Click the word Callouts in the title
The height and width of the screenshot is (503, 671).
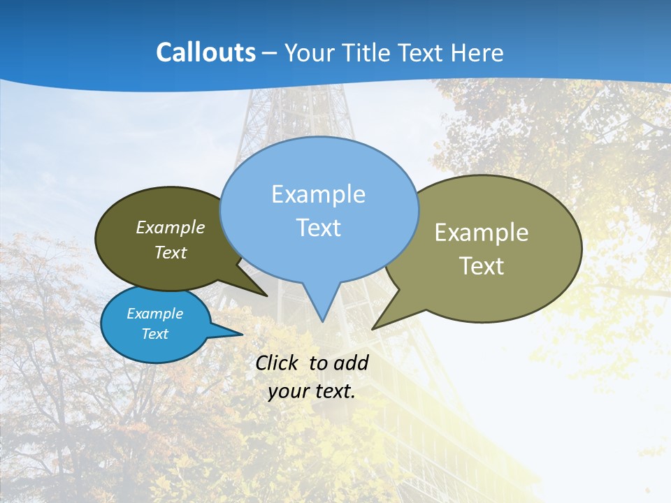205,52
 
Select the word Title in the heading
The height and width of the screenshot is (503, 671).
368,52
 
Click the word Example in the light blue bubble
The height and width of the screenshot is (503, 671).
319,194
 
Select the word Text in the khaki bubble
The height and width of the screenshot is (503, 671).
482,265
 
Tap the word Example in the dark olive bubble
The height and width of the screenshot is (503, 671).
171,227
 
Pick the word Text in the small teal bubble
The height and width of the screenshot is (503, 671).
155,334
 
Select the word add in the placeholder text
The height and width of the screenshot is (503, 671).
351,363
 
